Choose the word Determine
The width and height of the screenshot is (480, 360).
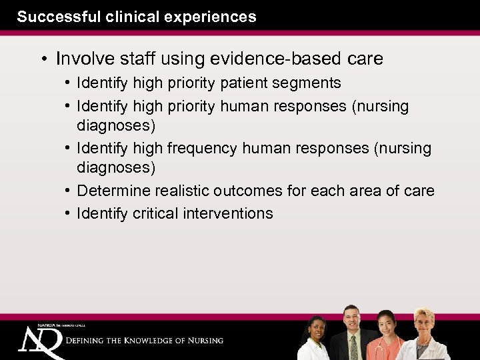click(114, 191)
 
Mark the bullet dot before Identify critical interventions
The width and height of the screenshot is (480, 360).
click(69, 213)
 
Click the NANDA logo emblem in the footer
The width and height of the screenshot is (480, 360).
click(40, 340)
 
